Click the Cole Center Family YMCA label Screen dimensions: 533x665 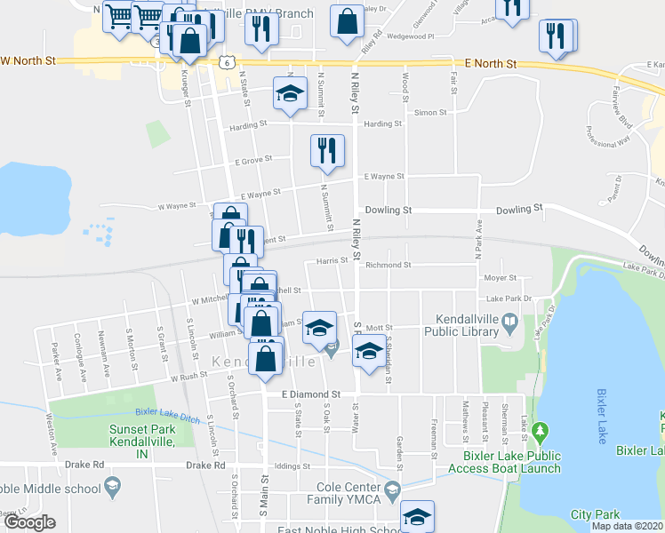349,493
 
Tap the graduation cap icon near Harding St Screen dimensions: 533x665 289,95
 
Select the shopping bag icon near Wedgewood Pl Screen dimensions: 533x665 347,22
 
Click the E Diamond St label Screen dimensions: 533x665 311,394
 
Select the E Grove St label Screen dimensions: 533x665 252,162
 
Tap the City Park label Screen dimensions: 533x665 595,514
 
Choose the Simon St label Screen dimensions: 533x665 430,113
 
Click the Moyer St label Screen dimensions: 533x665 501,278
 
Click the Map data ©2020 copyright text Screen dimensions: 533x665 627,526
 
